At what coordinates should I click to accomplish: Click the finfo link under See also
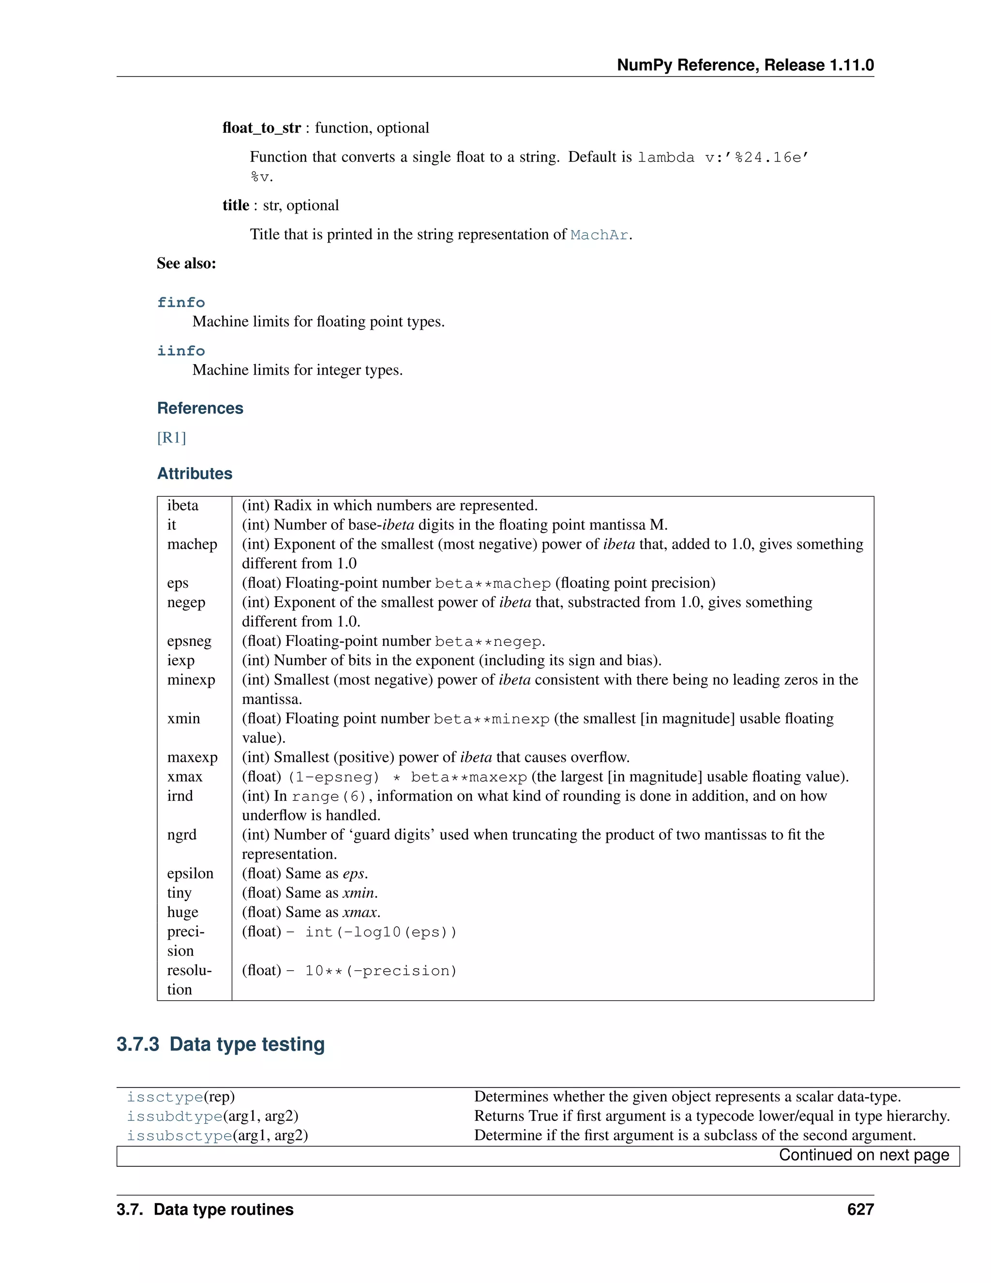[181, 303]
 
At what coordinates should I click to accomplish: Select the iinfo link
[181, 351]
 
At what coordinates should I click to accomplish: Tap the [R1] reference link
[171, 438]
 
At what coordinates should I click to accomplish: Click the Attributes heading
[195, 473]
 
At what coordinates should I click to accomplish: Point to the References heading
[200, 408]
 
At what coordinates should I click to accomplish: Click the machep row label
[192, 544]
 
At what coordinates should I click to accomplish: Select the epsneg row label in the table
[189, 641]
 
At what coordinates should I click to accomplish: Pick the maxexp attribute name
[192, 757]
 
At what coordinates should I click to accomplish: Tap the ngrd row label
[181, 835]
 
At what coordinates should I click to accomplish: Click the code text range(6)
[329, 796]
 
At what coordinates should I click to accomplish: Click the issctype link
[165, 1097]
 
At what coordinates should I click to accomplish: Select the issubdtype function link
[174, 1116]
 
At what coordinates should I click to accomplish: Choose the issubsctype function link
[180, 1135]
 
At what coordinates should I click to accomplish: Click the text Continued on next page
[864, 1155]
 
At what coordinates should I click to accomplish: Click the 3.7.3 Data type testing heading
[220, 1044]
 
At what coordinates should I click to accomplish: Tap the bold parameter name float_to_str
[261, 128]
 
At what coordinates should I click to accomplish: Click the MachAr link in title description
[599, 235]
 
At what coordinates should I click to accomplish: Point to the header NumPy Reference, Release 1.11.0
[745, 65]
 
